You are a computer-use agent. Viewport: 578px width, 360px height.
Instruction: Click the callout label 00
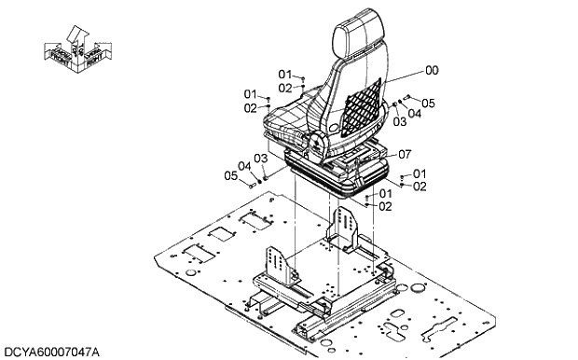pyautogui.click(x=432, y=70)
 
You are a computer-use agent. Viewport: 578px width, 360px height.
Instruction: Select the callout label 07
pyautogui.click(x=405, y=154)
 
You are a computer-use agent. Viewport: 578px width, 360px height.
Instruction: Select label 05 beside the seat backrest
pyautogui.click(x=429, y=103)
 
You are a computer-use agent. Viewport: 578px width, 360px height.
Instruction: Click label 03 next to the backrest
pyautogui.click(x=399, y=121)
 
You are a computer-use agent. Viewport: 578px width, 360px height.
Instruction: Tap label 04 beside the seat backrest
pyautogui.click(x=415, y=114)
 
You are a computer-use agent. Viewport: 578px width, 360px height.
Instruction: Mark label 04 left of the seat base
pyautogui.click(x=244, y=167)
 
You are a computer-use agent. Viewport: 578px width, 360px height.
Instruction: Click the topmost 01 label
pyautogui.click(x=284, y=74)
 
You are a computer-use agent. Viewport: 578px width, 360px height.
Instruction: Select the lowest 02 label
pyautogui.click(x=385, y=206)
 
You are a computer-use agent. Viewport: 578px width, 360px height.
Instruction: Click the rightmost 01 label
pyautogui.click(x=420, y=173)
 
